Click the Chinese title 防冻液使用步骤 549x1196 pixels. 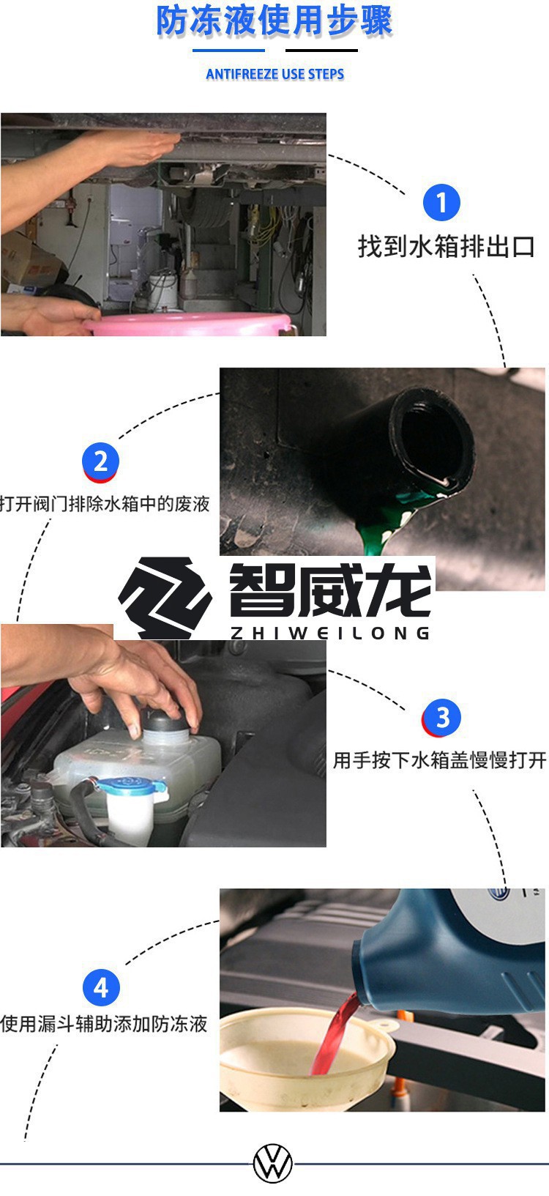tap(274, 21)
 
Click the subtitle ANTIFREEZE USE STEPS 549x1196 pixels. tap(274, 74)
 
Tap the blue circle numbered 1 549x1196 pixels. tap(441, 202)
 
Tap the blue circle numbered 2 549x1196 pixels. tap(100, 461)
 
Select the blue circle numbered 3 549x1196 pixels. tap(442, 718)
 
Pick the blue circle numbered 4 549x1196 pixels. tap(100, 987)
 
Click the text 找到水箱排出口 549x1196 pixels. tap(446, 247)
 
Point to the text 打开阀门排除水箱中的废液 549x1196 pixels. tap(105, 504)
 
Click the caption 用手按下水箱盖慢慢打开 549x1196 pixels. tap(439, 760)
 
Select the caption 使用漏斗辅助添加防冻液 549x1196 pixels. tap(104, 1024)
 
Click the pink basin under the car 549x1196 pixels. tap(190, 325)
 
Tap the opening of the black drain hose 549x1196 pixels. tap(432, 439)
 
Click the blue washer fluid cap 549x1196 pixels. tap(130, 786)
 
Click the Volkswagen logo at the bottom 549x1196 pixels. tap(273, 1163)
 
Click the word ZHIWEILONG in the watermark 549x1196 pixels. tap(329, 634)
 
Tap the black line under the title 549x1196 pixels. tap(321, 51)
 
